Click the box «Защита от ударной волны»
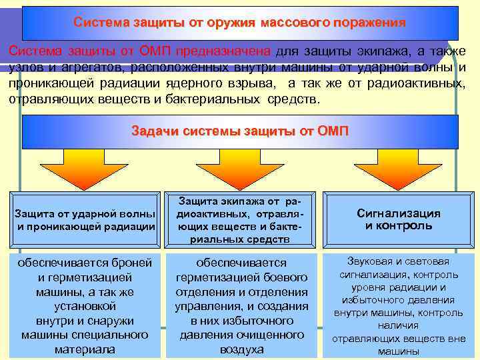[x=86, y=219]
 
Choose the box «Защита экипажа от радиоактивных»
[x=241, y=219]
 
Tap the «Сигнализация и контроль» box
[x=399, y=219]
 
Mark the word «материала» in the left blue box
[x=85, y=349]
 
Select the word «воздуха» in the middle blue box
[x=241, y=349]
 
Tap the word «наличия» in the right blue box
[x=399, y=325]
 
